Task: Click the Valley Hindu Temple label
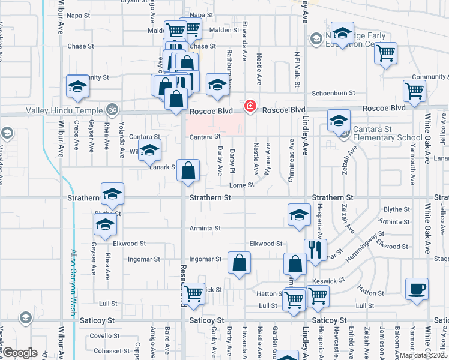pos(64,110)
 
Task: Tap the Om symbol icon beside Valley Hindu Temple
pos(110,110)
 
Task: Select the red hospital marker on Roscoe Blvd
pos(249,106)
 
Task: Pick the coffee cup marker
pos(417,289)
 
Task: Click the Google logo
pos(20,353)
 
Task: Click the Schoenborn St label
pos(334,94)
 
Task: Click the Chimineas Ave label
pos(291,152)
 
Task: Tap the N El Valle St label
pos(297,67)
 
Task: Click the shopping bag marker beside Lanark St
pos(188,171)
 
